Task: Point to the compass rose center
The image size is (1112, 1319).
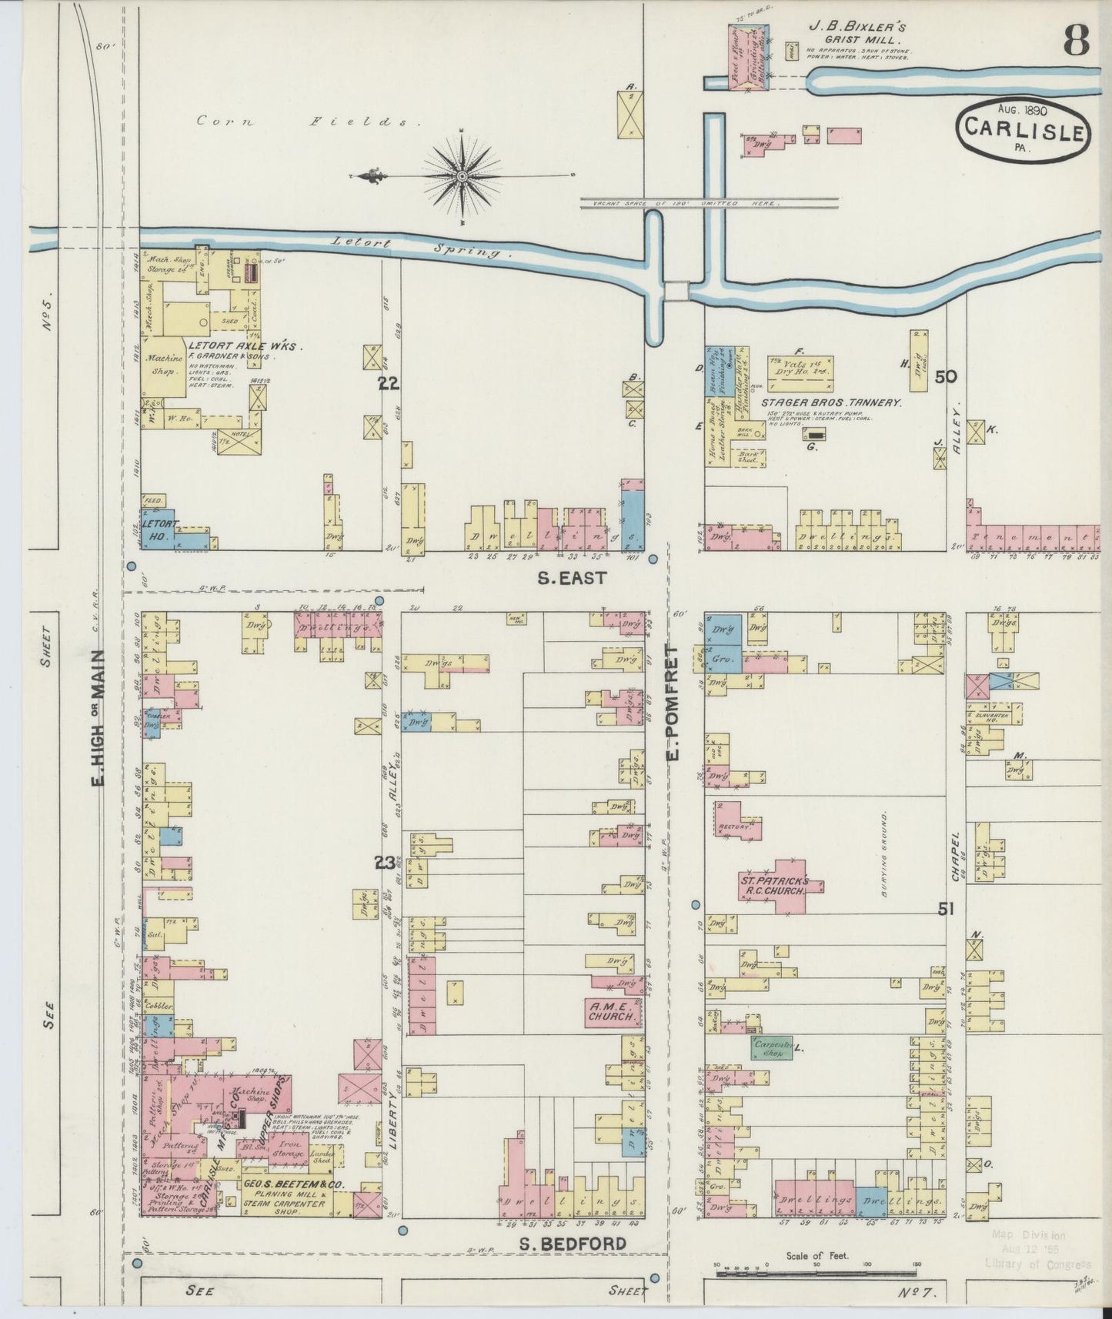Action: (x=462, y=176)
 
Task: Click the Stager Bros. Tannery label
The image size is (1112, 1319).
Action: (x=831, y=402)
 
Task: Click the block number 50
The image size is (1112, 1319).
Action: (x=946, y=377)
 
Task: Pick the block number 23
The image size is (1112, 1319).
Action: (x=385, y=863)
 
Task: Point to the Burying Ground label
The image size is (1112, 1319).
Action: (x=886, y=854)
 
